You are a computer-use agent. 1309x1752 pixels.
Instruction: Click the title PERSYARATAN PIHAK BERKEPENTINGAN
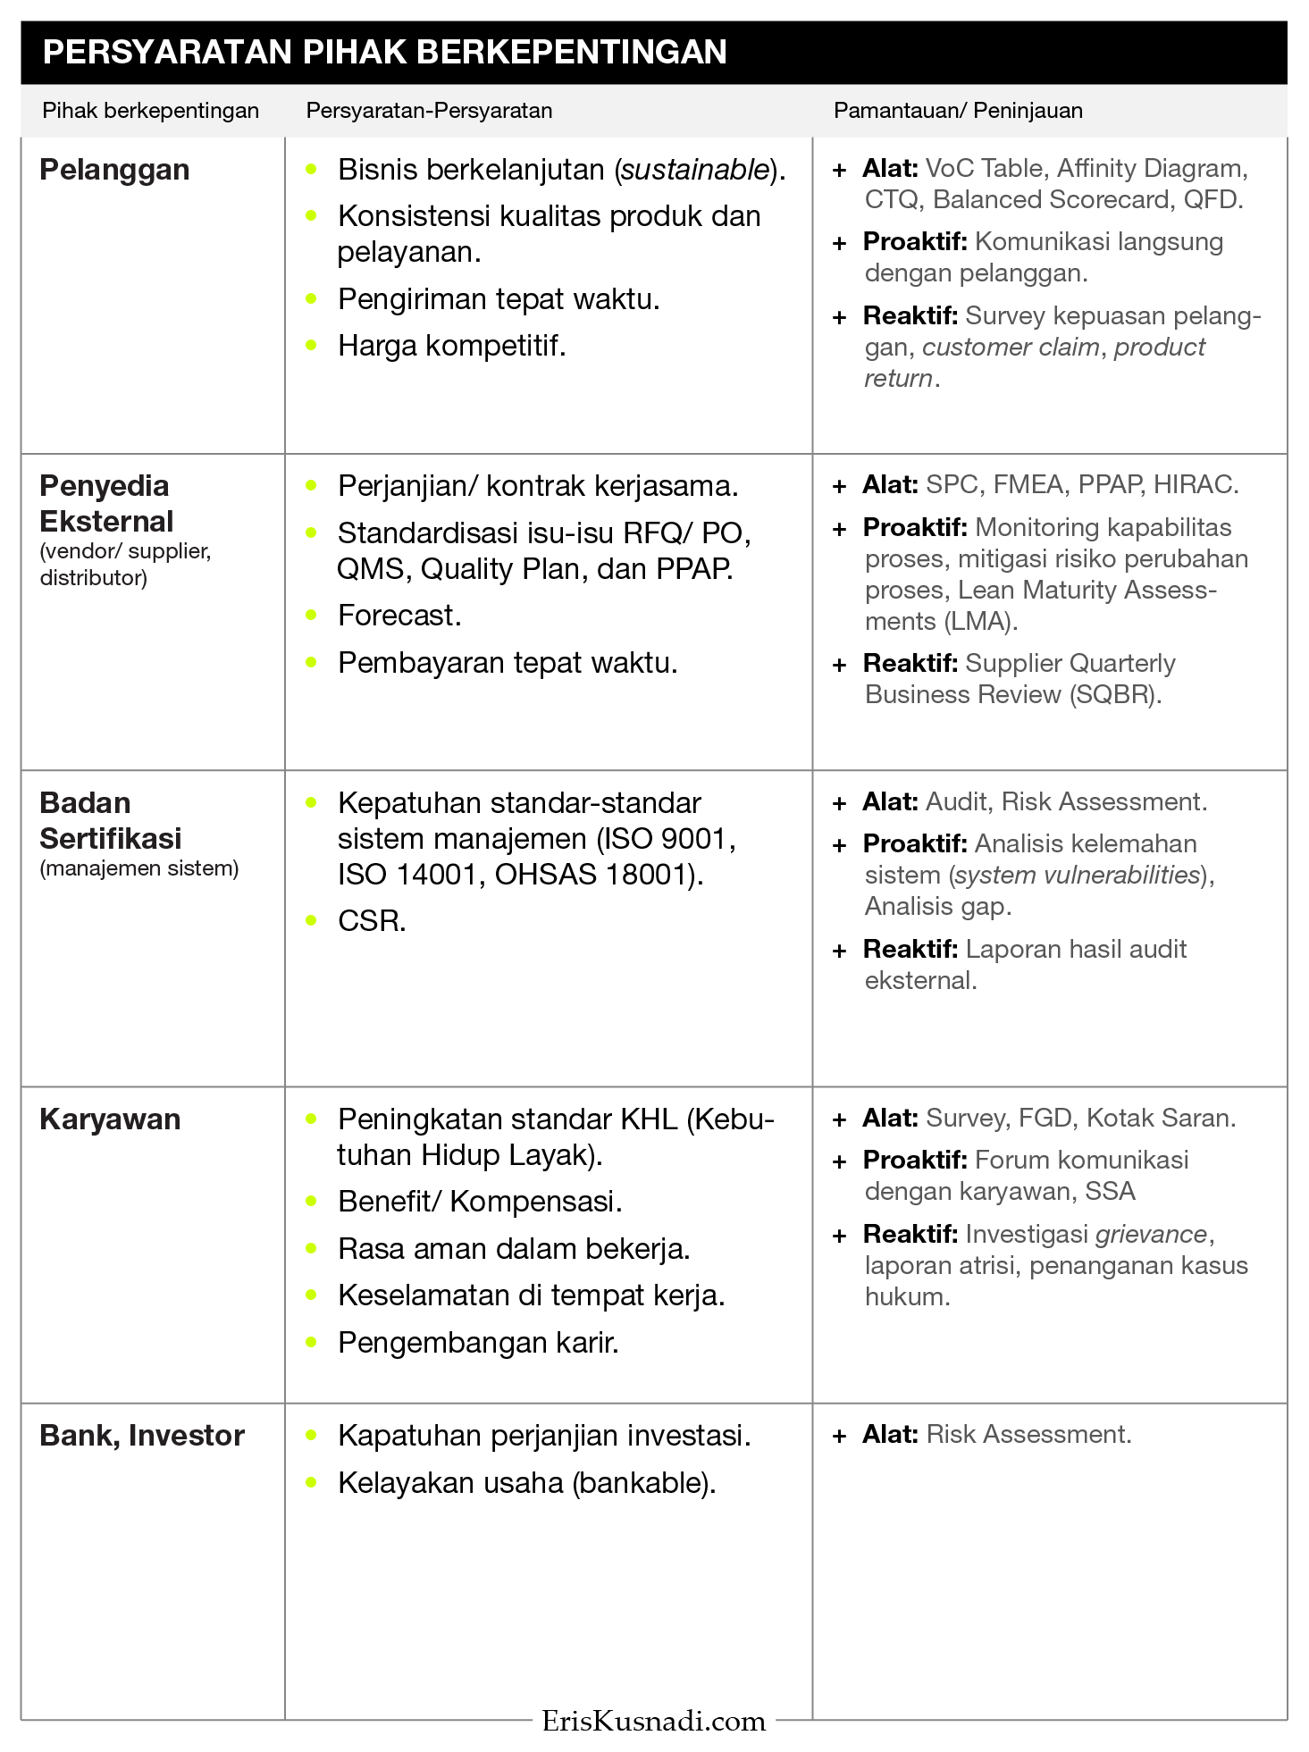point(384,53)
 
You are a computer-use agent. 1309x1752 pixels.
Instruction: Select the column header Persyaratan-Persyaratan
point(429,111)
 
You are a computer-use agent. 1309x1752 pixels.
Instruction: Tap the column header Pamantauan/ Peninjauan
point(958,111)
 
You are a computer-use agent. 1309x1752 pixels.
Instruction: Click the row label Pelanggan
point(114,170)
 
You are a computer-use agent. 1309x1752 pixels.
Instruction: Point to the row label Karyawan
point(110,1119)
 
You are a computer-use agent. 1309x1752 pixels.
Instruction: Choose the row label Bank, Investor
point(142,1436)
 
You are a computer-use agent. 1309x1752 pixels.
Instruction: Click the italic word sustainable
point(695,170)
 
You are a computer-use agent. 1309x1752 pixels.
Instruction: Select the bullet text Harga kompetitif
point(451,346)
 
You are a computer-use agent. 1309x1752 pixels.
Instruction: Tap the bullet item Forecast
point(399,616)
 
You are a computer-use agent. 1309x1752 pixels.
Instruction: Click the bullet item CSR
point(372,921)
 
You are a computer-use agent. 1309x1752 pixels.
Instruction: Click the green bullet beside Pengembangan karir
point(311,1342)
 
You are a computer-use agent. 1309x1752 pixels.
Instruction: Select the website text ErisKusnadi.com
point(654,1722)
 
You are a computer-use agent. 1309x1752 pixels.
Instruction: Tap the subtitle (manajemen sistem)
point(139,868)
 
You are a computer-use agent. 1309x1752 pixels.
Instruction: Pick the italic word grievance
point(1151,1235)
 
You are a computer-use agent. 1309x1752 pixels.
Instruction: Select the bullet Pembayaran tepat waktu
point(507,663)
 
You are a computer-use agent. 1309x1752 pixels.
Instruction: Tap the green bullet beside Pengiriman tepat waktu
point(311,298)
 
